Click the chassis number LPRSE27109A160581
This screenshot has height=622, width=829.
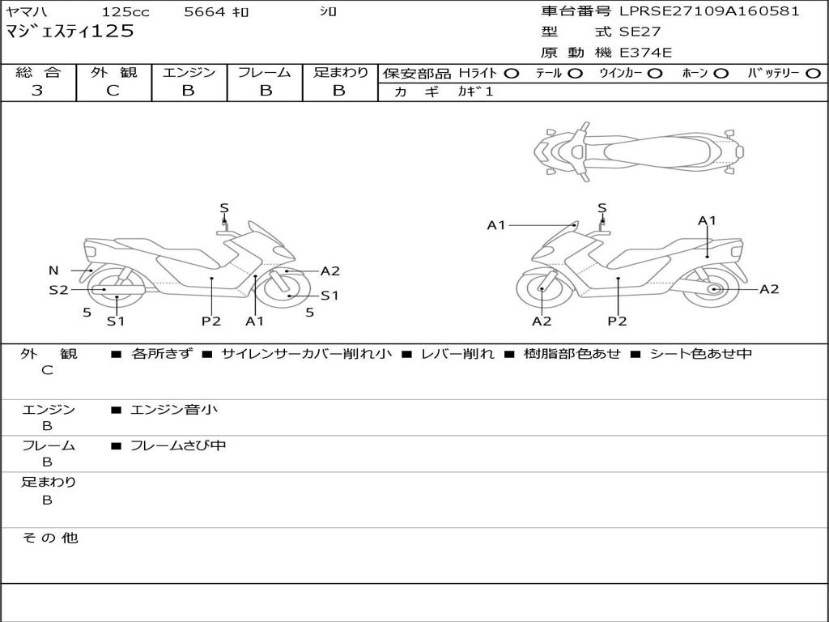[x=709, y=11]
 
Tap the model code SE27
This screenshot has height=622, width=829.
[x=640, y=32]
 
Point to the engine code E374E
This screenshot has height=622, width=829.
[x=645, y=53]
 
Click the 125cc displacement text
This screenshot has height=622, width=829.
[x=125, y=12]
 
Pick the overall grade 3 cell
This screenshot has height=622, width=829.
[x=37, y=91]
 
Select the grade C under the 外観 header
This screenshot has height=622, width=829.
[x=113, y=91]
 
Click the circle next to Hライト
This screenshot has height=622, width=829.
[x=511, y=74]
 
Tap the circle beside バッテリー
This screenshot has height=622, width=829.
[x=813, y=74]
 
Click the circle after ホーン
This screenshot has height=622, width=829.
[x=721, y=74]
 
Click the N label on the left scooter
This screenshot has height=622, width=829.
[x=53, y=271]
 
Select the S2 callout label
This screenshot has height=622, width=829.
[x=58, y=289]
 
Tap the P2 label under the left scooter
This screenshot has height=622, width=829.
[x=211, y=322]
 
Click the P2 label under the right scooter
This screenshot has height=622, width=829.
[x=618, y=322]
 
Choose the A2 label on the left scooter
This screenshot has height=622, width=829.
[x=330, y=271]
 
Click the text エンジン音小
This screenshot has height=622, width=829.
[x=174, y=410]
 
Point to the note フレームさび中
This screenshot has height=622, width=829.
[x=178, y=445]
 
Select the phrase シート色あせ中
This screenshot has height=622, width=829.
[x=701, y=354]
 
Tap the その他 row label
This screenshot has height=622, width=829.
[x=49, y=538]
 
